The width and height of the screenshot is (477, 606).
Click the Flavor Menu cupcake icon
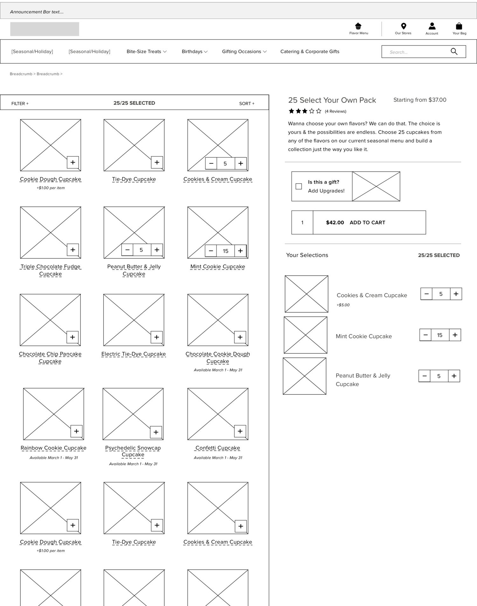tap(358, 26)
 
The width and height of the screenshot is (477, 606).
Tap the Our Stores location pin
tap(404, 26)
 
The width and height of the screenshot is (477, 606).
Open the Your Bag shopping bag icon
tap(459, 26)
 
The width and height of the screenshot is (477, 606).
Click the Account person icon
tap(432, 26)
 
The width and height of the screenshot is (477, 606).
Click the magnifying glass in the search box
tap(454, 51)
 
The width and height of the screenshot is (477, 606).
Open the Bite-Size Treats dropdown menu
tap(147, 51)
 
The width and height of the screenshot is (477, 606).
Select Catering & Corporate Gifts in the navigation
tap(310, 51)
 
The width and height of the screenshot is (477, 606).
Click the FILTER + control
tap(20, 104)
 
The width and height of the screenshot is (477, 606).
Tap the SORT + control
tap(247, 104)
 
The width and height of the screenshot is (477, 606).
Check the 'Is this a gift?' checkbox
tap(299, 186)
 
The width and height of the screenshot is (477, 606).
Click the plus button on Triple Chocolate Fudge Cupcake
tap(73, 250)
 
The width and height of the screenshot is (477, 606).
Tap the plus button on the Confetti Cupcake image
tap(240, 431)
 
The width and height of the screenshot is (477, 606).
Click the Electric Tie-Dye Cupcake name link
tap(134, 354)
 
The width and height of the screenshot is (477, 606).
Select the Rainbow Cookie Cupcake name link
tap(53, 448)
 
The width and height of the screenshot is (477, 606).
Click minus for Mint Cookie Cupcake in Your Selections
tap(425, 335)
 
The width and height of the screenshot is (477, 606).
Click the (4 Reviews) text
tap(335, 111)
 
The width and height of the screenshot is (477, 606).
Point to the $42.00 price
tap(335, 222)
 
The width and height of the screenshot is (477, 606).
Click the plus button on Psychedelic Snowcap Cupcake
tap(156, 432)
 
